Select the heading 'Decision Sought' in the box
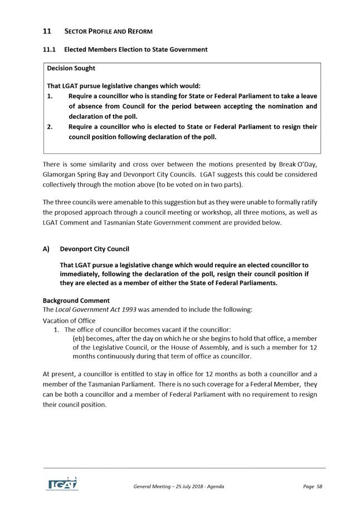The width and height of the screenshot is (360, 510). coord(71,69)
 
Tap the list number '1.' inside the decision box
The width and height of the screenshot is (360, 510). coord(50,96)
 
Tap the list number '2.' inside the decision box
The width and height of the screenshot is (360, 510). coord(50,127)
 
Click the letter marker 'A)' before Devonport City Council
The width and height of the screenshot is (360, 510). coord(46,249)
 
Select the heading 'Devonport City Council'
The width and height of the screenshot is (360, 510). coord(98,249)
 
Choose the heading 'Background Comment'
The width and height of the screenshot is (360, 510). coord(76,300)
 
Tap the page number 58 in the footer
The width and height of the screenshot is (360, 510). coord(319,487)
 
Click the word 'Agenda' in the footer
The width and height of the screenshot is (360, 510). coord(214,487)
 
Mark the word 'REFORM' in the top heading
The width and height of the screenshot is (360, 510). coord(137,31)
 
